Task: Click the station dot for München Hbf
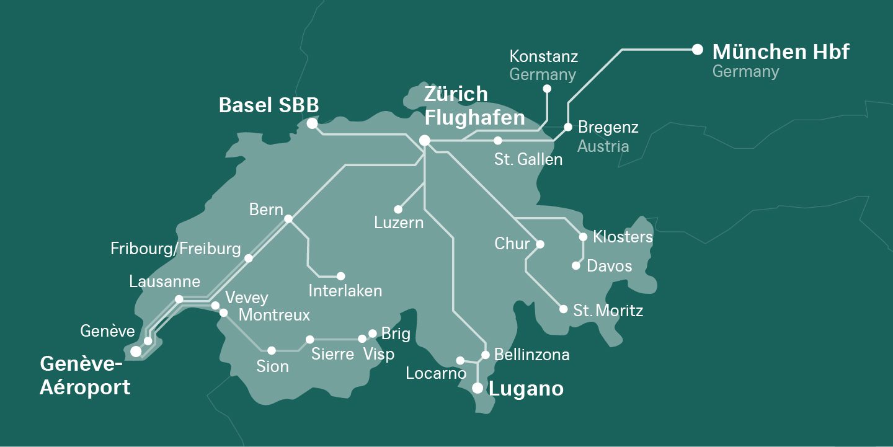pyautogui.click(x=697, y=49)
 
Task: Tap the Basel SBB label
pyautogui.click(x=269, y=105)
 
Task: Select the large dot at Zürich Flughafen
pyautogui.click(x=425, y=141)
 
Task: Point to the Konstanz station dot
pyautogui.click(x=547, y=89)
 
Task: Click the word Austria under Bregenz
pyautogui.click(x=603, y=146)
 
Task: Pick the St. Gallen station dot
pyautogui.click(x=497, y=141)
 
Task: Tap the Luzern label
pyautogui.click(x=399, y=223)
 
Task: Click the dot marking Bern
pyautogui.click(x=288, y=218)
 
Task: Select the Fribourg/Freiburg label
pyautogui.click(x=175, y=249)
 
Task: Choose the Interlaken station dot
pyautogui.click(x=340, y=276)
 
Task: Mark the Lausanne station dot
pyautogui.click(x=179, y=299)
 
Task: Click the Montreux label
pyautogui.click(x=274, y=315)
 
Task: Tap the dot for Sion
pyautogui.click(x=272, y=350)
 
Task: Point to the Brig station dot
pyautogui.click(x=373, y=334)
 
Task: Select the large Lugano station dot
pyautogui.click(x=478, y=388)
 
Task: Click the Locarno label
pyautogui.click(x=435, y=373)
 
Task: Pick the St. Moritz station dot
pyautogui.click(x=563, y=309)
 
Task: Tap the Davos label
pyautogui.click(x=609, y=267)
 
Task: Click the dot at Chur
pyautogui.click(x=540, y=244)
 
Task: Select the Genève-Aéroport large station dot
pyautogui.click(x=136, y=352)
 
